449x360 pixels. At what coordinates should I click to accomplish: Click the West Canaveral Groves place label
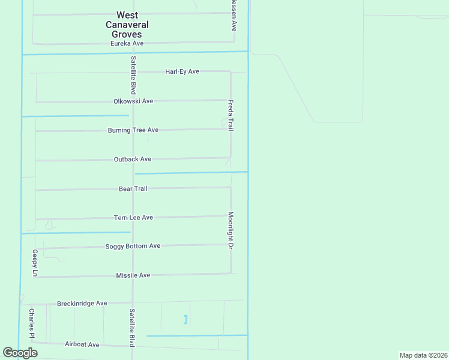pos(127,25)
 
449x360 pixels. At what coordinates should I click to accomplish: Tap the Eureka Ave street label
pos(127,43)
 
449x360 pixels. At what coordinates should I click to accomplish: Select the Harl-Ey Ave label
pos(182,71)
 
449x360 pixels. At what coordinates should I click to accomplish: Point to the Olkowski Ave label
pos(133,101)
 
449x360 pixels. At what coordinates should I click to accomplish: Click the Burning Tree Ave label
pos(133,130)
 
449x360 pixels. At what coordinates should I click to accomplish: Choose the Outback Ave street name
pos(132,159)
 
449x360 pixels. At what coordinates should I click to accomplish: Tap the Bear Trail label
pos(133,188)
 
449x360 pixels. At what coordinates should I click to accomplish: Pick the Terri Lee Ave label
pos(133,217)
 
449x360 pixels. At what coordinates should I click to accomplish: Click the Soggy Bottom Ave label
pos(133,246)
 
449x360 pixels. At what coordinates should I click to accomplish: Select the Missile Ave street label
pos(133,275)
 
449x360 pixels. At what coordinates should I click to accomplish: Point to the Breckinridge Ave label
pos(82,304)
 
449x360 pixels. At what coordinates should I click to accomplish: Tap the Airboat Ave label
pos(82,344)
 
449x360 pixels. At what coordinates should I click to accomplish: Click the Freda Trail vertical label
pos(231,115)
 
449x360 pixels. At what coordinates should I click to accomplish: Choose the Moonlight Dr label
pos(231,229)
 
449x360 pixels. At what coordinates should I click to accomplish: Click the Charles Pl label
pos(32,323)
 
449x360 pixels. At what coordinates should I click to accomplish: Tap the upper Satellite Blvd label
pos(133,75)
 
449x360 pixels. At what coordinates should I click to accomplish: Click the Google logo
pos(20,353)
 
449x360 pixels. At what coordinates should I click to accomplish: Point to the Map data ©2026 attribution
pos(423,355)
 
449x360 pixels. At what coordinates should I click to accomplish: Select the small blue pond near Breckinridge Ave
pos(185,319)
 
